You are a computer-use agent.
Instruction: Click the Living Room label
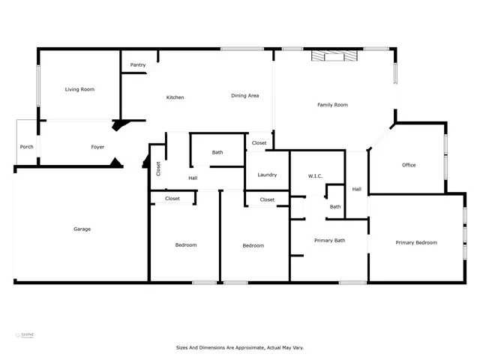(x=79, y=89)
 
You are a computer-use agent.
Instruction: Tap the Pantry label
(x=138, y=65)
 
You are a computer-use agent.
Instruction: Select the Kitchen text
(x=175, y=97)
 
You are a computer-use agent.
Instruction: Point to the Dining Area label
(x=244, y=95)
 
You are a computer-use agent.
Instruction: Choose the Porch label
(x=26, y=147)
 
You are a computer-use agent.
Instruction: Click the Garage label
(x=82, y=229)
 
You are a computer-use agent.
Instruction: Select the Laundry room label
(x=267, y=175)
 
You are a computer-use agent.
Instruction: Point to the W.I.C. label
(x=315, y=176)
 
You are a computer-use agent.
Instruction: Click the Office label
(x=409, y=165)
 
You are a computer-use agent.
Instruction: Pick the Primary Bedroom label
(x=416, y=242)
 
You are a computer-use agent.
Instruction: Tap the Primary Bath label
(x=329, y=240)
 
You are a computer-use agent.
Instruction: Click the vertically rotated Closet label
(x=158, y=169)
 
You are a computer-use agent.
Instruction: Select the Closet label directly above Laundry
(x=259, y=142)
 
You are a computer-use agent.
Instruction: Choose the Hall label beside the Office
(x=356, y=189)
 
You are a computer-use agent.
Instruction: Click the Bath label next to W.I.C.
(x=335, y=207)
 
